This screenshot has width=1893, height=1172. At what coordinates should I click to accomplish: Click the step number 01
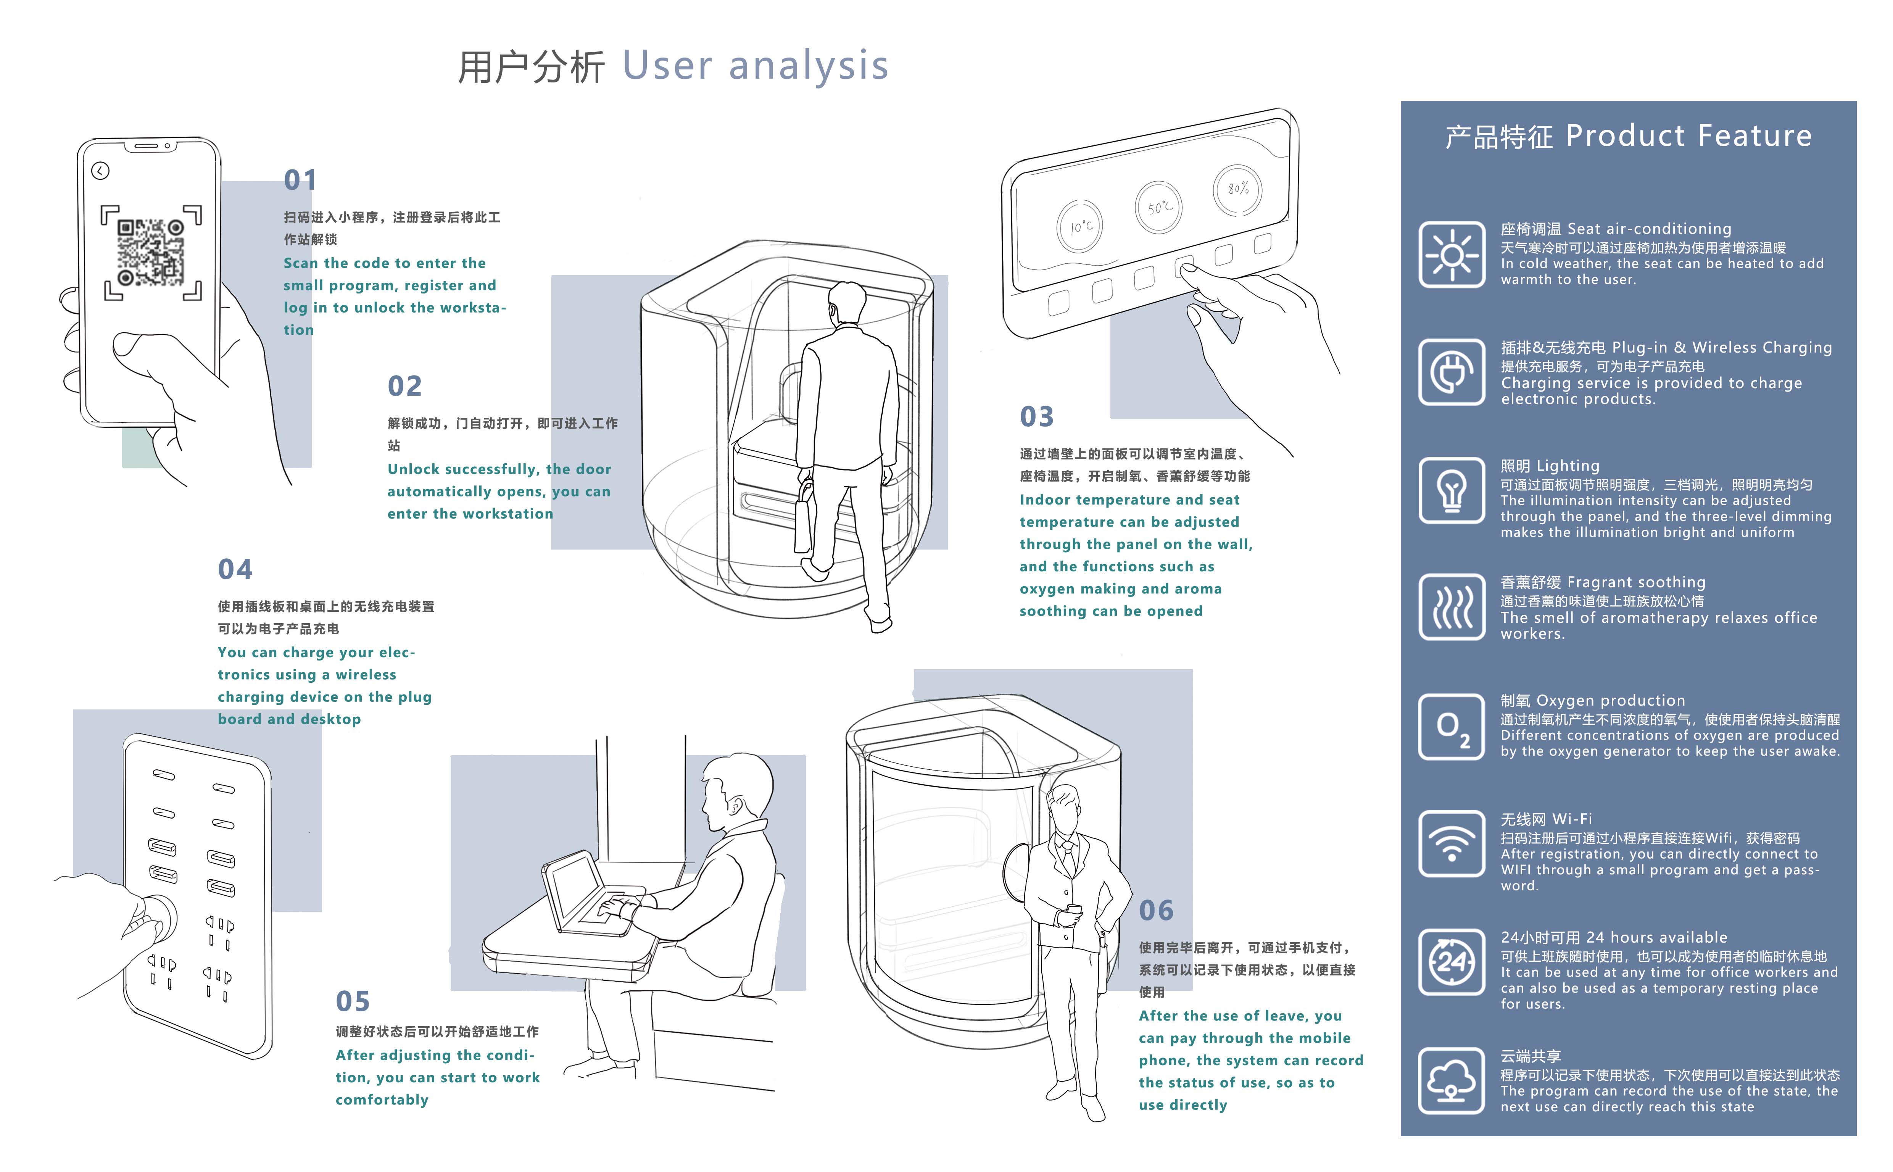click(x=300, y=181)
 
